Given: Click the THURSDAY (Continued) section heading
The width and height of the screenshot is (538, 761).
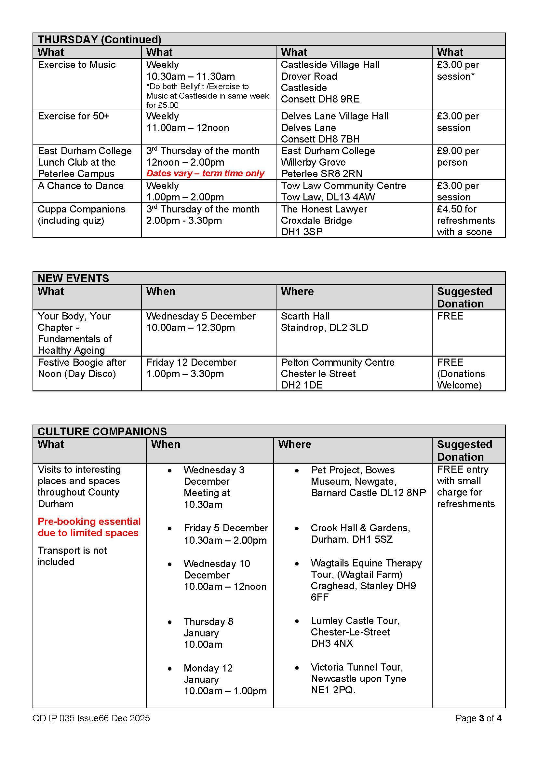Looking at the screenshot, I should [x=100, y=39].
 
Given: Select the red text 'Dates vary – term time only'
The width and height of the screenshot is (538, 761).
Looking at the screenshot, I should [x=205, y=173].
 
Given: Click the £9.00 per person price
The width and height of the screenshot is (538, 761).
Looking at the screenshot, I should [x=458, y=156].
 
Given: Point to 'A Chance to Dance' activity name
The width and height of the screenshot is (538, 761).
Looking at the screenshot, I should [x=80, y=185].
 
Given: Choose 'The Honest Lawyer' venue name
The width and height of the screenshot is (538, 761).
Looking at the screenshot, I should [x=324, y=209].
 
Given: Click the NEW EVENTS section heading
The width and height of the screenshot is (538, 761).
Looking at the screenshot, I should [x=73, y=278].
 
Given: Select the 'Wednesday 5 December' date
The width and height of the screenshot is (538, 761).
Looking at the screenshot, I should [x=201, y=316].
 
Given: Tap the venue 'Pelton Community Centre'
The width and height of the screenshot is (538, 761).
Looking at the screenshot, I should [x=338, y=362].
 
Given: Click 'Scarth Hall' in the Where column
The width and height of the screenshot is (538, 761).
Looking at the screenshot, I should [x=305, y=316].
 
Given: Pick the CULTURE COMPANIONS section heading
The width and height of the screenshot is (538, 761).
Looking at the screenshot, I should [x=102, y=431].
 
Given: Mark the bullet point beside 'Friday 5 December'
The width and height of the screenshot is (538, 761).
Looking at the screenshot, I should [x=169, y=528].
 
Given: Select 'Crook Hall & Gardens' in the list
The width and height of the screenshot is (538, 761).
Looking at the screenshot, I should [x=360, y=528].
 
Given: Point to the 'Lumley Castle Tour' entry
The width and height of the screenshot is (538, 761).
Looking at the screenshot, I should [x=355, y=620].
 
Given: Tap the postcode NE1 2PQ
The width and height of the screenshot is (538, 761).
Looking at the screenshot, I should [x=333, y=690].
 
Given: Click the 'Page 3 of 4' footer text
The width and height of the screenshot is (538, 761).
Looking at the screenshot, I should [x=478, y=718].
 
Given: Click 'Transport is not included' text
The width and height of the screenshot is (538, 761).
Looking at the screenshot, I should [x=72, y=556].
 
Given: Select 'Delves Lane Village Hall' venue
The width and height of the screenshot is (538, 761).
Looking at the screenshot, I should [x=335, y=116].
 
